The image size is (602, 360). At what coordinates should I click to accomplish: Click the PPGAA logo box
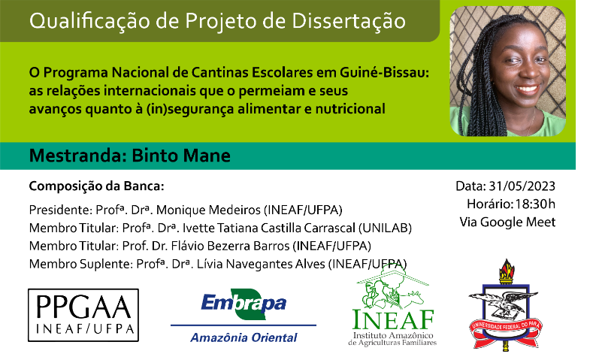pyautogui.click(x=83, y=315)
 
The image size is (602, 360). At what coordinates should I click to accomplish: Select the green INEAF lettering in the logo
pyautogui.click(x=393, y=319)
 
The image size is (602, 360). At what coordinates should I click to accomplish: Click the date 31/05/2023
pyautogui.click(x=522, y=186)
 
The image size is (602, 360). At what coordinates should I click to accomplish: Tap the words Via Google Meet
pyautogui.click(x=507, y=222)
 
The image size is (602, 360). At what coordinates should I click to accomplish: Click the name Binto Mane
pyautogui.click(x=181, y=156)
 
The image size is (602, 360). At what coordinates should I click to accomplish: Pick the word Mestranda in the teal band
pyautogui.click(x=77, y=156)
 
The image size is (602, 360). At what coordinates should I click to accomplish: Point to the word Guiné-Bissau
pyautogui.click(x=384, y=72)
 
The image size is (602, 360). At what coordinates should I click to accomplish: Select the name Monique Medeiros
pyautogui.click(x=208, y=210)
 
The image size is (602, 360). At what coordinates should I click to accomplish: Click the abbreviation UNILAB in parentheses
pyautogui.click(x=385, y=228)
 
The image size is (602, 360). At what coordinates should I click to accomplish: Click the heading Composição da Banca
pyautogui.click(x=97, y=186)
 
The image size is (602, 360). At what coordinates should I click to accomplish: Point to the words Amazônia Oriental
pyautogui.click(x=244, y=337)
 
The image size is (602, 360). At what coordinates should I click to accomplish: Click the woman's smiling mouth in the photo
pyautogui.click(x=527, y=90)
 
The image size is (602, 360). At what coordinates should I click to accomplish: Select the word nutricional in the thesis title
pyautogui.click(x=350, y=109)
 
